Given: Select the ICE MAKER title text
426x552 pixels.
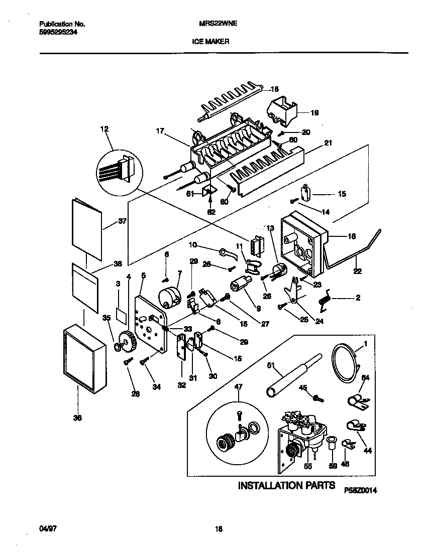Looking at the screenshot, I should click(210, 42).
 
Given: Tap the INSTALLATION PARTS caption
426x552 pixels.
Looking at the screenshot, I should click(286, 485).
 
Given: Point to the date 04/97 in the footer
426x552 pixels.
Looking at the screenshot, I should click(47, 528).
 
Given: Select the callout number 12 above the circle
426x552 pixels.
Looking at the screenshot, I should click(104, 129).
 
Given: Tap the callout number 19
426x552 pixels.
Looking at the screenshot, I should click(314, 113).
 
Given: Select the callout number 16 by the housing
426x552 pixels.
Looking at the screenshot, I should click(352, 236).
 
